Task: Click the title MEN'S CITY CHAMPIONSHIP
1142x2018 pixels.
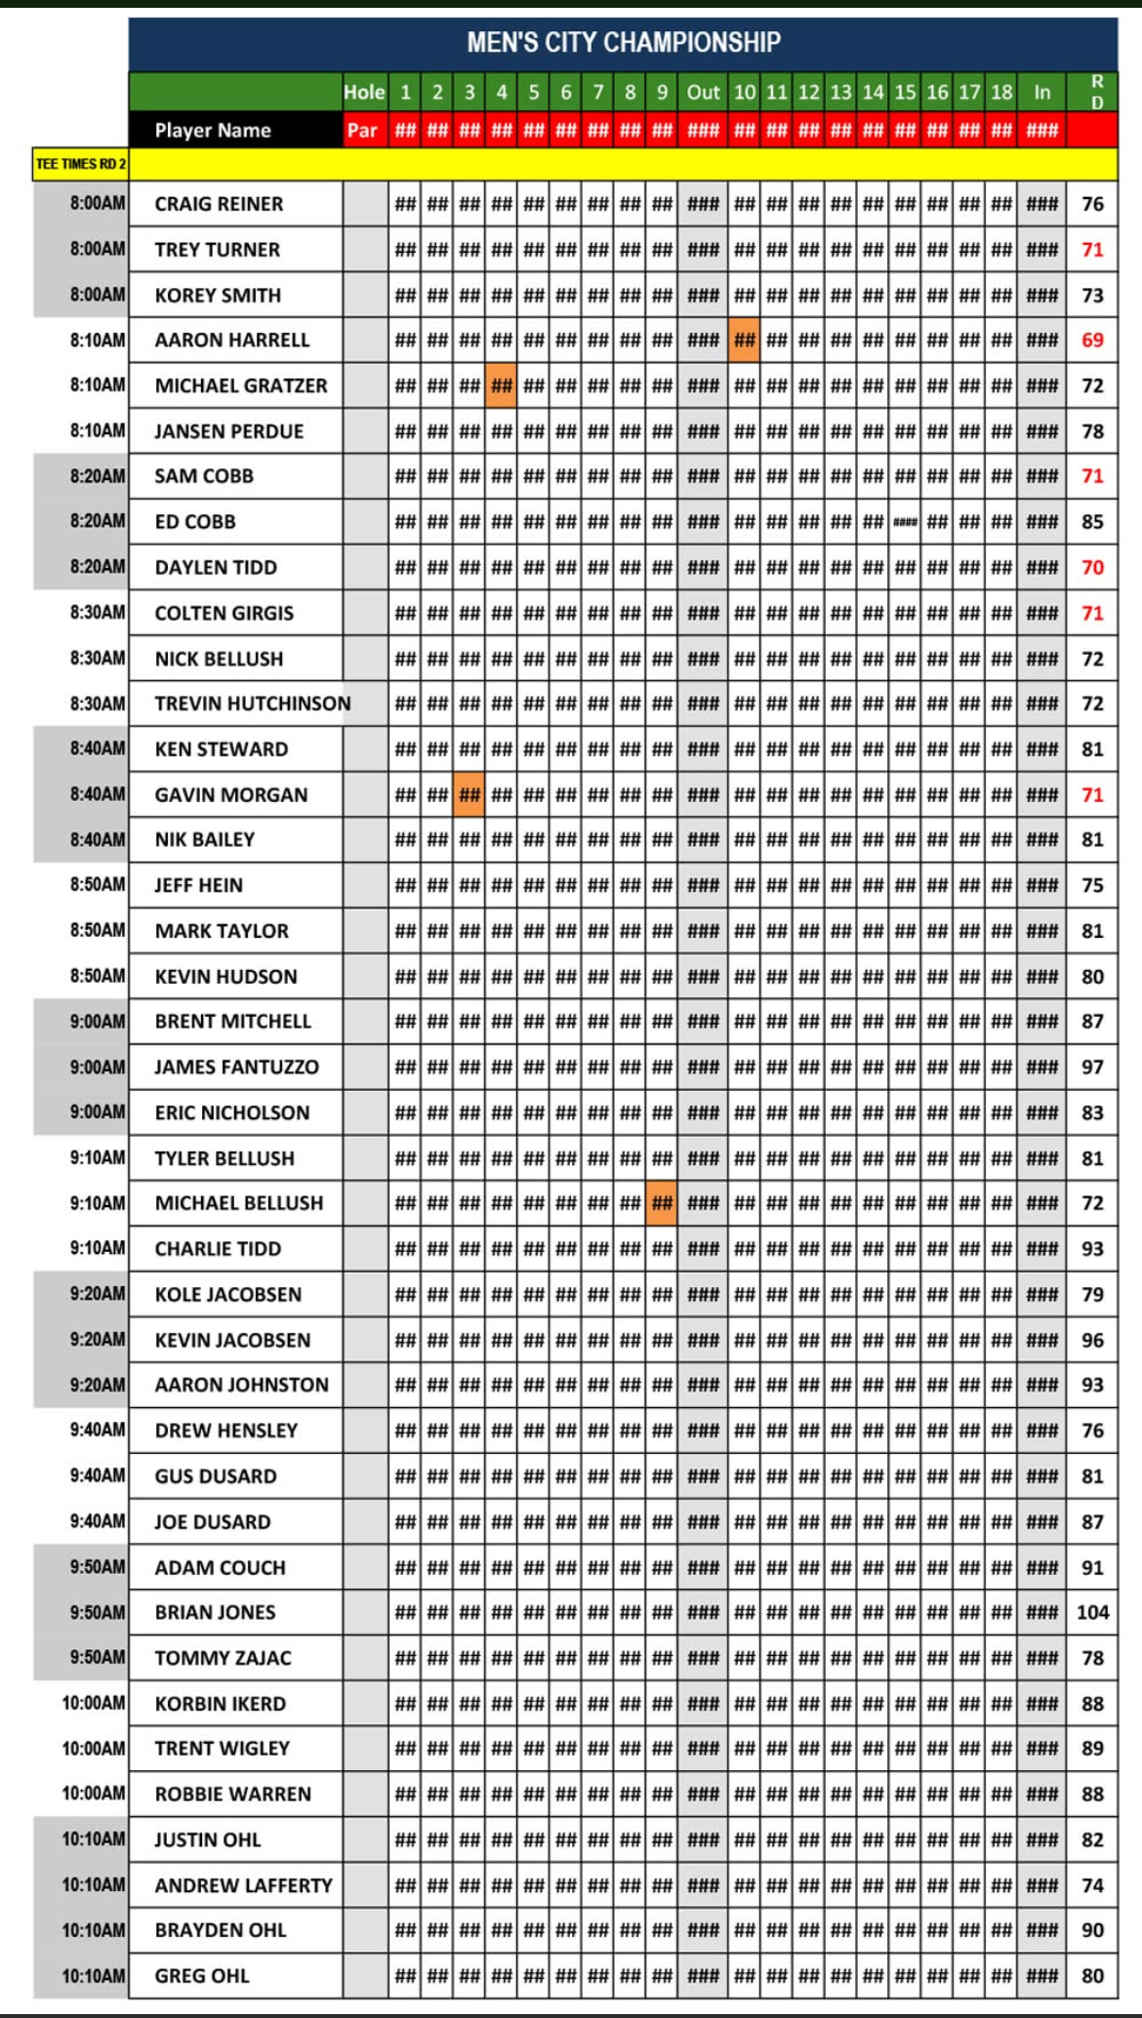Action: (x=623, y=43)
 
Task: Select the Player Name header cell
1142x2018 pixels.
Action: (x=213, y=130)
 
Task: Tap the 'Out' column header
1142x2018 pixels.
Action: (x=703, y=93)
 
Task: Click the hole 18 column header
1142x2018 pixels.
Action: (x=1001, y=93)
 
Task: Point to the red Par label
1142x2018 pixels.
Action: (x=362, y=130)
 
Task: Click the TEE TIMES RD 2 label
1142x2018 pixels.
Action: (x=81, y=164)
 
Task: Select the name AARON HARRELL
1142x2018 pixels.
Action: (x=231, y=340)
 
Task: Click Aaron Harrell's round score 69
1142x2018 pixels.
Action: (x=1092, y=340)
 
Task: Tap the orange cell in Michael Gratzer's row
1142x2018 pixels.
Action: (x=502, y=385)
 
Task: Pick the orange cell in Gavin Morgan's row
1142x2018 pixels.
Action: (x=469, y=794)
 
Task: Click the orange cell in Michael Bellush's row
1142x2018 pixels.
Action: (x=662, y=1203)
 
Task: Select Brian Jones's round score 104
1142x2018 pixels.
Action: (x=1092, y=1612)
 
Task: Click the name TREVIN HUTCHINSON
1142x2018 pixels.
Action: (x=252, y=704)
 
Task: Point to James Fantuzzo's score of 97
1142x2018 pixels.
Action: (x=1092, y=1067)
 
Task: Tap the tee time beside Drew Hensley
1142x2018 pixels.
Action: (x=97, y=1430)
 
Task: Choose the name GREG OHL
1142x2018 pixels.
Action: (x=202, y=1976)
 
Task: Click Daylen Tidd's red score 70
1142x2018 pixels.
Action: (x=1092, y=567)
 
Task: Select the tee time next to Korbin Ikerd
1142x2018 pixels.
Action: (x=94, y=1703)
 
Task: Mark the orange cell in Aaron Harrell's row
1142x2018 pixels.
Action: (x=744, y=340)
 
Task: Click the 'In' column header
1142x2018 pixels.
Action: (x=1042, y=93)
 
